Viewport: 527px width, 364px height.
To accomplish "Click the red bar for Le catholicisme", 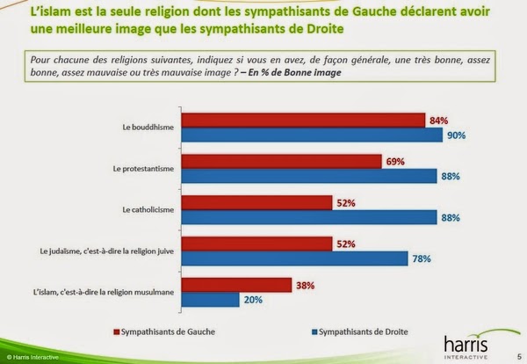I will pos(257,201).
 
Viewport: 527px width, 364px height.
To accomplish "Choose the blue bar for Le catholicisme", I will pos(307,216).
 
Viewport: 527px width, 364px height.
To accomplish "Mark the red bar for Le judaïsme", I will pos(257,243).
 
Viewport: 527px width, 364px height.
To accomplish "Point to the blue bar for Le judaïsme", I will pos(294,258).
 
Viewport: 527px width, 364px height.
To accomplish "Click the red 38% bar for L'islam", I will pos(236,284).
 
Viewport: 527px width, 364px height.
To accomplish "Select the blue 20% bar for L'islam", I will pos(210,299).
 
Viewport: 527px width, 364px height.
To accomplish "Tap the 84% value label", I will pos(437,120).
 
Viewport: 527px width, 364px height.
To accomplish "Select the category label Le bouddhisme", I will pos(147,127).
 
